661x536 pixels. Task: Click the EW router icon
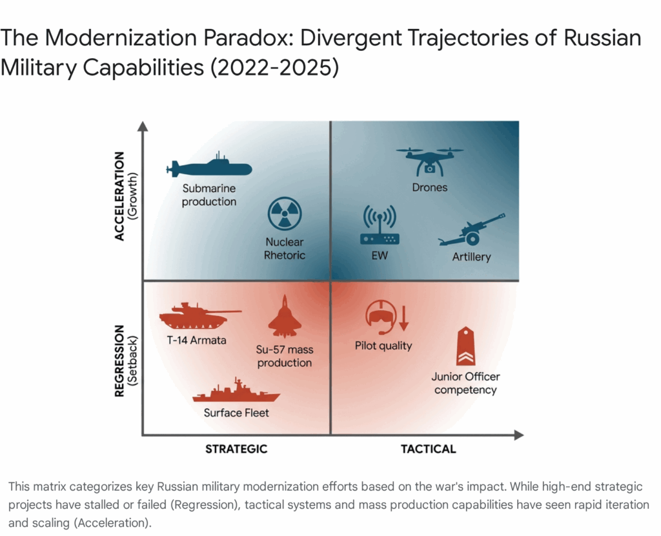tap(379, 226)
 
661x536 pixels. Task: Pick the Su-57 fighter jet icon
tap(285, 317)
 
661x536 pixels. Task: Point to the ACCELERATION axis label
tap(119, 196)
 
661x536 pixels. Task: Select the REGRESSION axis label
tap(119, 361)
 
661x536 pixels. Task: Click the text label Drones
tap(430, 188)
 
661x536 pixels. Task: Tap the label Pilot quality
tap(383, 346)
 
